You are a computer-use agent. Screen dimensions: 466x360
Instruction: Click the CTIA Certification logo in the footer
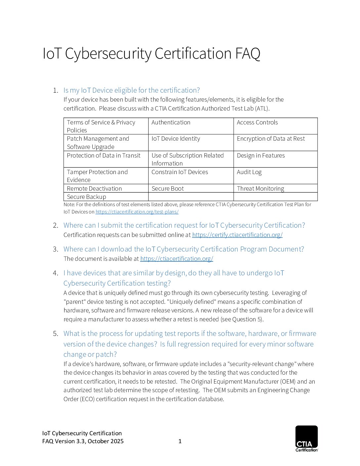306,438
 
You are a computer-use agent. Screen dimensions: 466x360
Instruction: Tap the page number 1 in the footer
180,441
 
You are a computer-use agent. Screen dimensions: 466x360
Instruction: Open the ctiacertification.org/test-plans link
137,212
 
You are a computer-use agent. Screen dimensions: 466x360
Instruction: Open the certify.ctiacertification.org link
237,235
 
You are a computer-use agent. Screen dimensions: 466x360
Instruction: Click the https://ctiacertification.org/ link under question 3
177,259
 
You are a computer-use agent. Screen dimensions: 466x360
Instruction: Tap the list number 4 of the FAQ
55,273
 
